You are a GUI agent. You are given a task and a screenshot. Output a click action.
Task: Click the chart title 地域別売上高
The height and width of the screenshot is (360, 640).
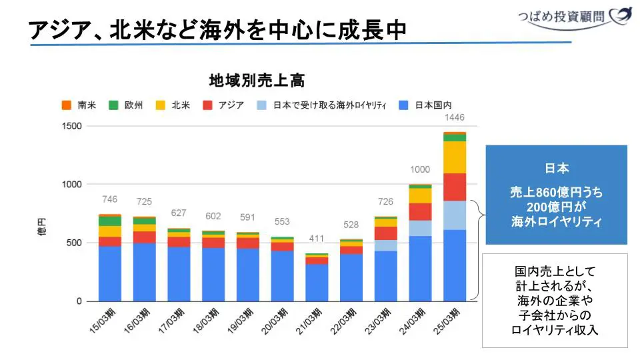257,81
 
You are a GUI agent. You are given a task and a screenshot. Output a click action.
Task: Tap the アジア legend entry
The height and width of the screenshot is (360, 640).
223,105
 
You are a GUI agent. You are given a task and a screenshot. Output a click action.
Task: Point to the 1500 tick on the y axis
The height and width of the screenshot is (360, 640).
71,127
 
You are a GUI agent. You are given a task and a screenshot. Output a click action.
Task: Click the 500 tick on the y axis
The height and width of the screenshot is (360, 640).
74,243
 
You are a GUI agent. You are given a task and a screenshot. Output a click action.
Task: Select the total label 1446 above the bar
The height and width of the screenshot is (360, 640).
454,118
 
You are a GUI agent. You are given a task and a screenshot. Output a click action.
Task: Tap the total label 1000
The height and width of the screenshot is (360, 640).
420,169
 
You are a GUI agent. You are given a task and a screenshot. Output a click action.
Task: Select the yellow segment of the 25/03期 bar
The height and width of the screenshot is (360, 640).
455,157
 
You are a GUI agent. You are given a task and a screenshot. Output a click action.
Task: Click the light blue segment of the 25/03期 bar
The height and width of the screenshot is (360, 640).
455,215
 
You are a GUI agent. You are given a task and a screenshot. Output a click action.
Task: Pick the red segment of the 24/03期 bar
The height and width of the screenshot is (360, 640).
420,211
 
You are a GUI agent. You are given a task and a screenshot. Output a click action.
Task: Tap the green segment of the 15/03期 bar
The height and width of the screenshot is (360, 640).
110,221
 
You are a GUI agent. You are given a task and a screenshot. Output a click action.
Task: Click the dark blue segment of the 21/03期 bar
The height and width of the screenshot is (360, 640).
317,282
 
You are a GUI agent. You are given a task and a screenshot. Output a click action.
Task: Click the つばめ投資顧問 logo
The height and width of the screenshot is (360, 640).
574,16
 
